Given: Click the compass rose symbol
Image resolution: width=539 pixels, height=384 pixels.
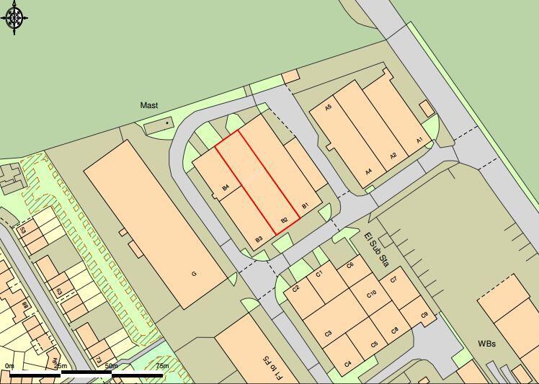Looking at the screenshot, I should tap(15, 17).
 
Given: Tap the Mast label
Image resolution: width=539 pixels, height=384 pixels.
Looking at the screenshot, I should tap(149, 105).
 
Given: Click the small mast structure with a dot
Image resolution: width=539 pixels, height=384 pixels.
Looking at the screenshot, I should tap(167, 123).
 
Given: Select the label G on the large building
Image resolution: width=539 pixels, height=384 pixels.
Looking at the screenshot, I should tap(194, 274).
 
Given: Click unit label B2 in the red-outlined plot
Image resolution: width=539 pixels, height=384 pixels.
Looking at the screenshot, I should tap(285, 220).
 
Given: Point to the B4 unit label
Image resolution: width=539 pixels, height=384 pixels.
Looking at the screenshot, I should tap(226, 188).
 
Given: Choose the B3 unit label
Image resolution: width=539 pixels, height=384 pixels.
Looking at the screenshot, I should tap(259, 239).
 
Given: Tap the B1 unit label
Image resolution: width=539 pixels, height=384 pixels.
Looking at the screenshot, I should tap(305, 206).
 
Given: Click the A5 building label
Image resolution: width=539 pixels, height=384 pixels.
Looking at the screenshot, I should tap(328, 107).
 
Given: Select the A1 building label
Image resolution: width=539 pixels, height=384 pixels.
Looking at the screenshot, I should tap(419, 140).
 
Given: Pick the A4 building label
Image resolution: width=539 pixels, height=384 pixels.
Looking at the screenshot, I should tap(368, 171).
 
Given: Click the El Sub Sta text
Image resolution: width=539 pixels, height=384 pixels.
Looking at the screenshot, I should tap(375, 249).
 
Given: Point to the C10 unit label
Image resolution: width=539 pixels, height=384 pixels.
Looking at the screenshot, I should tap(372, 294).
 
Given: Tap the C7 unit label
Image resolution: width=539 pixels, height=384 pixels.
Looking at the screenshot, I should tap(393, 280).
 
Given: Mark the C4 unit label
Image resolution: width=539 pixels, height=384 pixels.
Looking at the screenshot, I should tap(348, 364).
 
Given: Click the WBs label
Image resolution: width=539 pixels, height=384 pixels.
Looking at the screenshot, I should tap(487, 344).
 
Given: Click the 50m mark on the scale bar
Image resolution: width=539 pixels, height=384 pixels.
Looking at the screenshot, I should tap(111, 366).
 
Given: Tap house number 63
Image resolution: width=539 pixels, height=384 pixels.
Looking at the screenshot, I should tap(59, 291).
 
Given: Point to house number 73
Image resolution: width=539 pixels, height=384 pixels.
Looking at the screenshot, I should tap(98, 360).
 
